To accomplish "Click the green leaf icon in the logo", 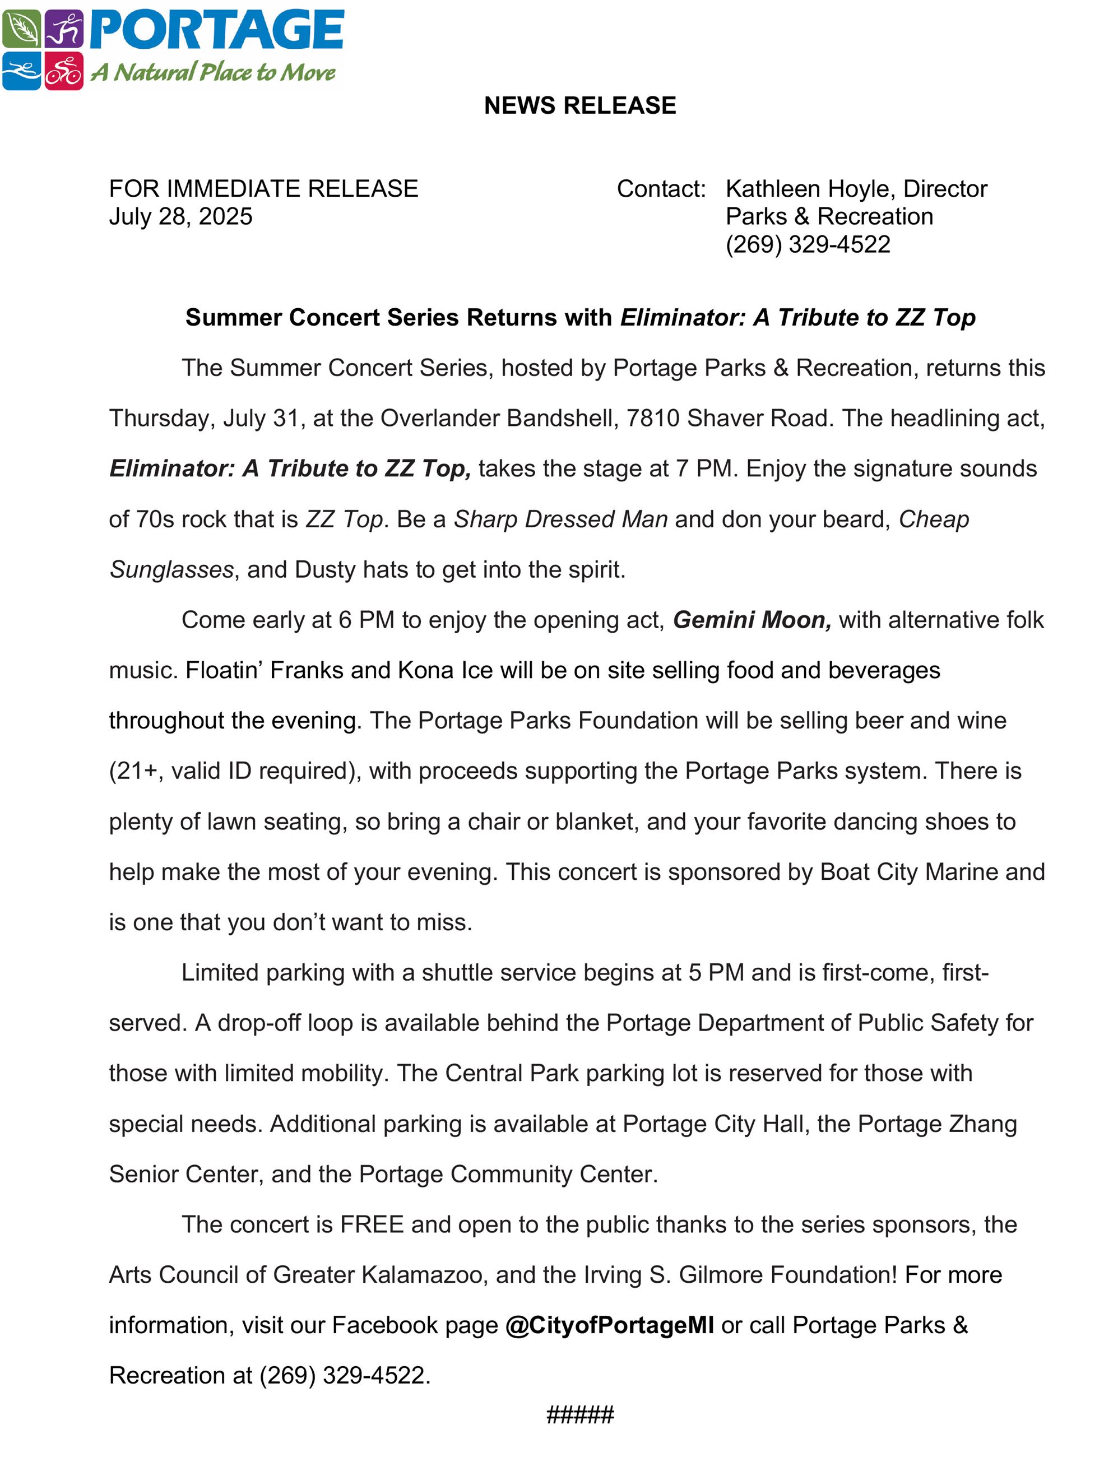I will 21,29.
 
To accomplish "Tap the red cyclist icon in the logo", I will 64,71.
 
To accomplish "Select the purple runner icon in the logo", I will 64,29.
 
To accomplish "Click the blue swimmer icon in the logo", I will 21,71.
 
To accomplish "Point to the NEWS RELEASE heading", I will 579,105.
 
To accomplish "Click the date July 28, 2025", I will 180,216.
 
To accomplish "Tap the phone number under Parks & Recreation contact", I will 807,244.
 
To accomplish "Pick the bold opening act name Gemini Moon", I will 751,620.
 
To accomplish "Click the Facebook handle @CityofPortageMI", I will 609,1325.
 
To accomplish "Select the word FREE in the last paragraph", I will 372,1224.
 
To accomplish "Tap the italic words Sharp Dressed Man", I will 560,519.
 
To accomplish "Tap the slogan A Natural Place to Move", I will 213,72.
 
